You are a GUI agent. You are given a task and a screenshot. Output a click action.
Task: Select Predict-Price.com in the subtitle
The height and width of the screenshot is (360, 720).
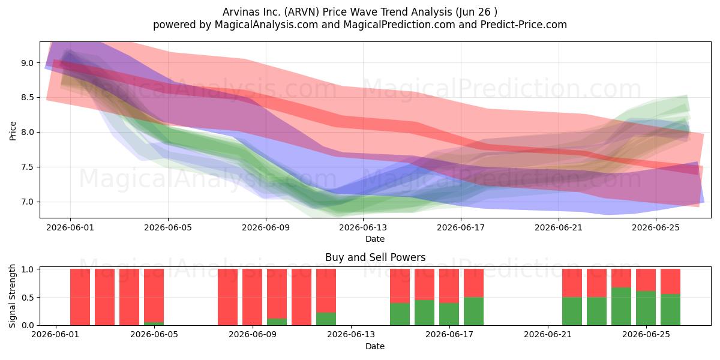click(x=524, y=25)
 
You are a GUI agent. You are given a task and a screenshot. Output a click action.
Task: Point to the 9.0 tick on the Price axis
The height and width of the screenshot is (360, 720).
click(x=28, y=63)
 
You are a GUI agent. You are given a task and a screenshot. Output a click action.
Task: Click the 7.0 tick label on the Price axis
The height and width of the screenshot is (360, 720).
click(x=28, y=202)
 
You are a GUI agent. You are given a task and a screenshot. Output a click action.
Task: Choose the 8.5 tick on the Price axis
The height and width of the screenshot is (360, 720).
click(x=28, y=98)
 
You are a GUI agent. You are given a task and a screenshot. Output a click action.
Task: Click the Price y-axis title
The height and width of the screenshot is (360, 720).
click(x=13, y=131)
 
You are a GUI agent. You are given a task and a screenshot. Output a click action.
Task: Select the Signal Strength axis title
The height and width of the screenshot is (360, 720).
click(x=12, y=296)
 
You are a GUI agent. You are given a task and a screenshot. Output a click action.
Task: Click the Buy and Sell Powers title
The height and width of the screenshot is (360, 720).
click(x=375, y=257)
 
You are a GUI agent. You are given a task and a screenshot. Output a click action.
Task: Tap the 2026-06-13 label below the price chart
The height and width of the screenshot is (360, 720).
click(x=363, y=227)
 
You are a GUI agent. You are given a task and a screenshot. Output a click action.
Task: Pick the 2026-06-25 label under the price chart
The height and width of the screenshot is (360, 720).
click(x=656, y=227)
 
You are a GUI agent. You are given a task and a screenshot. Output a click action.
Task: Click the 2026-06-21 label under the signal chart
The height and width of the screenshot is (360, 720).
click(x=548, y=335)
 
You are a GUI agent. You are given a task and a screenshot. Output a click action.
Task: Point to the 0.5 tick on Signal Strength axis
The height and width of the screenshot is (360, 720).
click(x=28, y=298)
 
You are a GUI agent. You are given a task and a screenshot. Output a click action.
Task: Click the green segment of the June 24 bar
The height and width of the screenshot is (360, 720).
click(x=621, y=307)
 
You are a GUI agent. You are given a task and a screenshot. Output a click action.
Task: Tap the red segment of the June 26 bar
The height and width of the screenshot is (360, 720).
click(x=670, y=281)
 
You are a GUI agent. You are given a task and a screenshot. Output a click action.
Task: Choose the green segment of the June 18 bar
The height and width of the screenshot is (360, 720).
click(x=473, y=311)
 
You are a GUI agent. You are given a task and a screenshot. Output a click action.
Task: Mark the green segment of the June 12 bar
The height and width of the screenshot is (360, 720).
click(x=326, y=319)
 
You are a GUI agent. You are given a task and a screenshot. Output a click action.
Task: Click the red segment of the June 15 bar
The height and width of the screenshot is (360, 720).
click(x=400, y=286)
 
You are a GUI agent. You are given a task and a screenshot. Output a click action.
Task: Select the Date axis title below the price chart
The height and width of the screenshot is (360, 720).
click(x=375, y=239)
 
